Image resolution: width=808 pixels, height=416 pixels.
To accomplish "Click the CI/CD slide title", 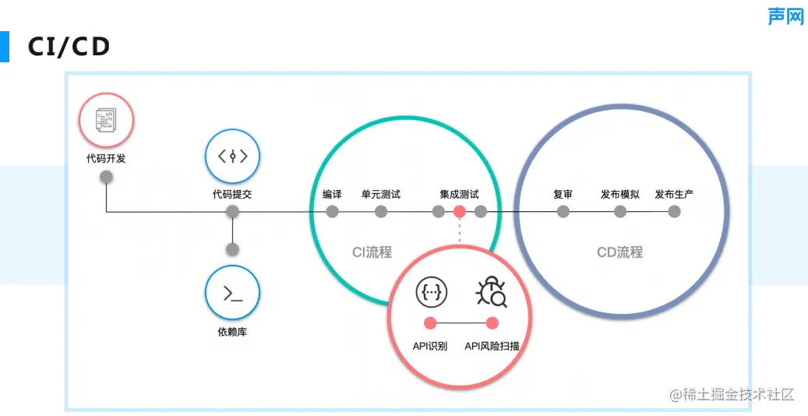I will tap(69, 47).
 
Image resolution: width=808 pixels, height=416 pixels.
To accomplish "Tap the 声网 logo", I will tap(785, 16).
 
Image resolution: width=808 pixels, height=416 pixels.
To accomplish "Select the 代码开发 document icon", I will tap(106, 121).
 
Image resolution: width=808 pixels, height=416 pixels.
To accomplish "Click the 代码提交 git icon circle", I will tap(232, 156).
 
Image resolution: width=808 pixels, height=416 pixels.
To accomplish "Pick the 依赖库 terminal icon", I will tap(232, 293).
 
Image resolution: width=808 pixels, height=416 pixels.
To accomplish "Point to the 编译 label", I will tap(333, 194).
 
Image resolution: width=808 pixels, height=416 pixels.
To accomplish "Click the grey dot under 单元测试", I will tap(381, 211).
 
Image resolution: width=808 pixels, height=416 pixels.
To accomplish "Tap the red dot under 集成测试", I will tap(460, 211).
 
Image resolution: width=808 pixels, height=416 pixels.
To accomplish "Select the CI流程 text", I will tap(372, 252).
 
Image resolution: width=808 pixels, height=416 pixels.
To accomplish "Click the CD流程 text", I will tap(619, 252).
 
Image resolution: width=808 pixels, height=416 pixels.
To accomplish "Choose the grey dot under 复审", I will tap(563, 211).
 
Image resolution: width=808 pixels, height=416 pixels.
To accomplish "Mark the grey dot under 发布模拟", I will tap(620, 211).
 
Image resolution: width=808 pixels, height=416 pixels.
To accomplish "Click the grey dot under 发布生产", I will tap(675, 211).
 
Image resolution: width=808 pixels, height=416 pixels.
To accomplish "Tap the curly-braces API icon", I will tap(431, 292).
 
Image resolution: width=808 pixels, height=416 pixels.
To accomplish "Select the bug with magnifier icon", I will tap(492, 292).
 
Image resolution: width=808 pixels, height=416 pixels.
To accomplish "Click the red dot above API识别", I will tap(429, 323).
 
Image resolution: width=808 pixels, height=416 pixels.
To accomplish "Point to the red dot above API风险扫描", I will tap(492, 323).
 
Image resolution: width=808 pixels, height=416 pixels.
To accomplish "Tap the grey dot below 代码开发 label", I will tap(107, 177).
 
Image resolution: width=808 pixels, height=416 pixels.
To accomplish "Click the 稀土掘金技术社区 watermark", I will tap(732, 394).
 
